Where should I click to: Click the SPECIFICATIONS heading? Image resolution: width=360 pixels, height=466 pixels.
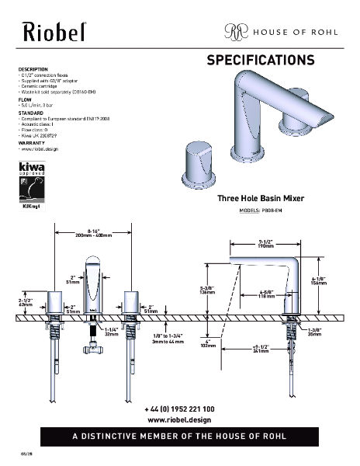pyautogui.click(x=260, y=60)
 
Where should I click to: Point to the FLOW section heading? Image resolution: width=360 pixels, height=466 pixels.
pyautogui.click(x=25, y=99)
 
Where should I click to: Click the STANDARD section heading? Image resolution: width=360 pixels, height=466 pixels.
pyautogui.click(x=30, y=113)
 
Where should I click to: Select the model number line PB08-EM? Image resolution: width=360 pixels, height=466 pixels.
pyautogui.click(x=261, y=210)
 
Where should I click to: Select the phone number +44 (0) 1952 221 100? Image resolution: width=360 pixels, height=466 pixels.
pyautogui.click(x=179, y=409)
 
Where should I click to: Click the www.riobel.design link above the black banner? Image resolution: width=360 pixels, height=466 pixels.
pyautogui.click(x=179, y=419)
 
